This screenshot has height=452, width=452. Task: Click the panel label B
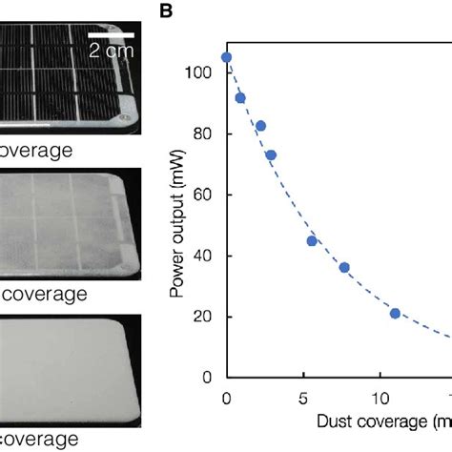pyautogui.click(x=165, y=13)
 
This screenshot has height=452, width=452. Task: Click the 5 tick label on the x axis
pyautogui.click(x=303, y=397)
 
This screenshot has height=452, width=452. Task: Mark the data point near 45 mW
pyautogui.click(x=312, y=240)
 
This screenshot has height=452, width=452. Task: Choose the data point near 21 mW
pyautogui.click(x=395, y=314)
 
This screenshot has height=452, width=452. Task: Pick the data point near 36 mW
pyautogui.click(x=344, y=267)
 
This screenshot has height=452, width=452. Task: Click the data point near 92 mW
pyautogui.click(x=240, y=98)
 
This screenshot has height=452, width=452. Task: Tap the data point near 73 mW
pyautogui.click(x=271, y=155)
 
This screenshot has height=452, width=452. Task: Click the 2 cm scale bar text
pyautogui.click(x=113, y=53)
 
